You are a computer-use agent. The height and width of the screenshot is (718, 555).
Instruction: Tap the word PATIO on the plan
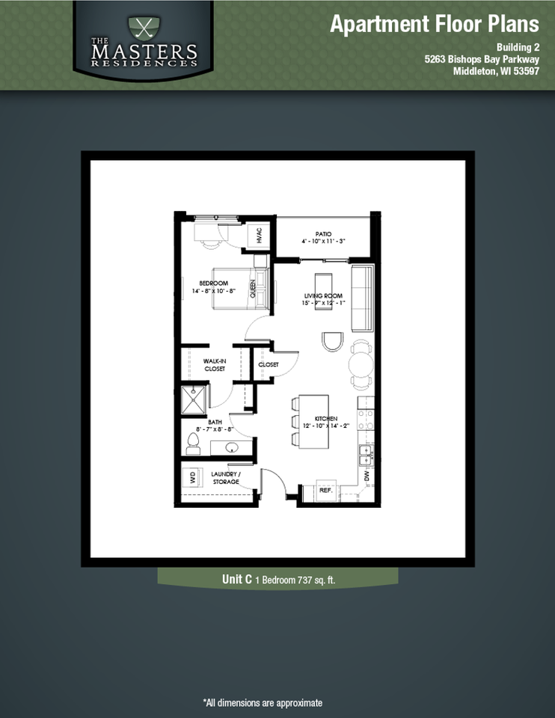click(x=323, y=234)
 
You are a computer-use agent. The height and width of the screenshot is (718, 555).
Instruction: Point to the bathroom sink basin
click(x=231, y=448)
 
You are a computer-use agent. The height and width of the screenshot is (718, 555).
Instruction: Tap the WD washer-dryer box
click(x=192, y=476)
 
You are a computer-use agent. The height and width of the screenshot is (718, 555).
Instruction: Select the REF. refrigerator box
click(x=325, y=491)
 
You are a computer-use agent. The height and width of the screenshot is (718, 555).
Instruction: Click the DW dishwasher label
click(x=365, y=475)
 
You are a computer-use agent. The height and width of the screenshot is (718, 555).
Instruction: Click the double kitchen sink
click(x=365, y=452)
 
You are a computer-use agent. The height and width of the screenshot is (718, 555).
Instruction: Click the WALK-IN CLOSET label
click(x=215, y=364)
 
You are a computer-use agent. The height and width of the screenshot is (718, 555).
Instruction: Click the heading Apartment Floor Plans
click(x=434, y=24)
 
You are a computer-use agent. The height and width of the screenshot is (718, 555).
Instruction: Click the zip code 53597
click(x=521, y=72)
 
